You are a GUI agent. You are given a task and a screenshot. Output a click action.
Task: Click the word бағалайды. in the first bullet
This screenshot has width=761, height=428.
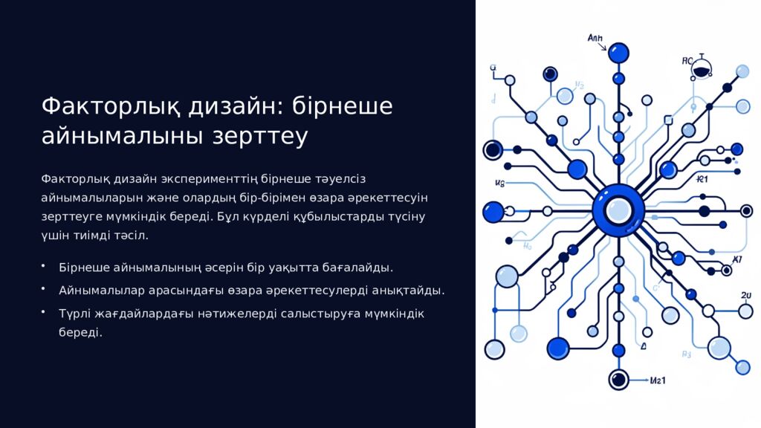357,267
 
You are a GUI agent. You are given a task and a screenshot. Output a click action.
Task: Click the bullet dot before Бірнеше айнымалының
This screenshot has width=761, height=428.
44,265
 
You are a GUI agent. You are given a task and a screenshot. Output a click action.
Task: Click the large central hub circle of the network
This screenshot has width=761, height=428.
618,210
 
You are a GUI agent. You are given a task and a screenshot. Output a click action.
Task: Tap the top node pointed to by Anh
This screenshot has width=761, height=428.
618,53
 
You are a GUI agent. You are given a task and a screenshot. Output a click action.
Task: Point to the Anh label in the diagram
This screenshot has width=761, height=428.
595,37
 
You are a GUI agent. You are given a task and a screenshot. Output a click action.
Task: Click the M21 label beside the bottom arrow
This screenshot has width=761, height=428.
658,381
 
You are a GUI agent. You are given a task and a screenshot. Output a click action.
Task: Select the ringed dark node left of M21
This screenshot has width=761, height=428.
618,380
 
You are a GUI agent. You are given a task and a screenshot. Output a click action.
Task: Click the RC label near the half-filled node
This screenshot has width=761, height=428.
687,61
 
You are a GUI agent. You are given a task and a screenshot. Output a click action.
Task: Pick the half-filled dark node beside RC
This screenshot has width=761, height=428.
701,71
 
